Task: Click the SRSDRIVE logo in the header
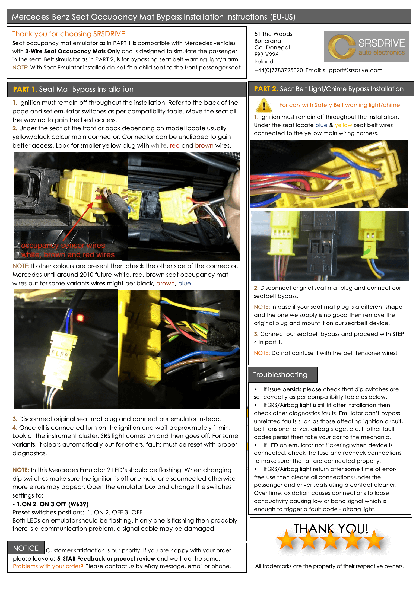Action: coord(366,47)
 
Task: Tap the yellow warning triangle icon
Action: coord(264,105)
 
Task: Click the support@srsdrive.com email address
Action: coord(353,70)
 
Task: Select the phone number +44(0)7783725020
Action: coord(279,70)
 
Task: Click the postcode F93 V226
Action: coord(266,55)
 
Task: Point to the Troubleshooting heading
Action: coord(280,375)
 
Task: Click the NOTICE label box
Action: coord(26,548)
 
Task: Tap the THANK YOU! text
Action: coord(331,529)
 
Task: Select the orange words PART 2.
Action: coord(266,89)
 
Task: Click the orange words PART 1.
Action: coord(25,89)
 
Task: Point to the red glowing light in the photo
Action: coord(80,317)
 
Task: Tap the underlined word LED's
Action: coord(120,470)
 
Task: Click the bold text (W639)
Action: coord(78,504)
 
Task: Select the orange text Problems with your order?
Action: coord(48,566)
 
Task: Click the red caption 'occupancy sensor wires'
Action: coord(63,245)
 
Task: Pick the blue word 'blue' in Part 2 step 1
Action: coord(321,125)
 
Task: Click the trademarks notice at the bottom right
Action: coord(329,566)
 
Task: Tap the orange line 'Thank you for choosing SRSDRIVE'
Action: coord(69,34)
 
